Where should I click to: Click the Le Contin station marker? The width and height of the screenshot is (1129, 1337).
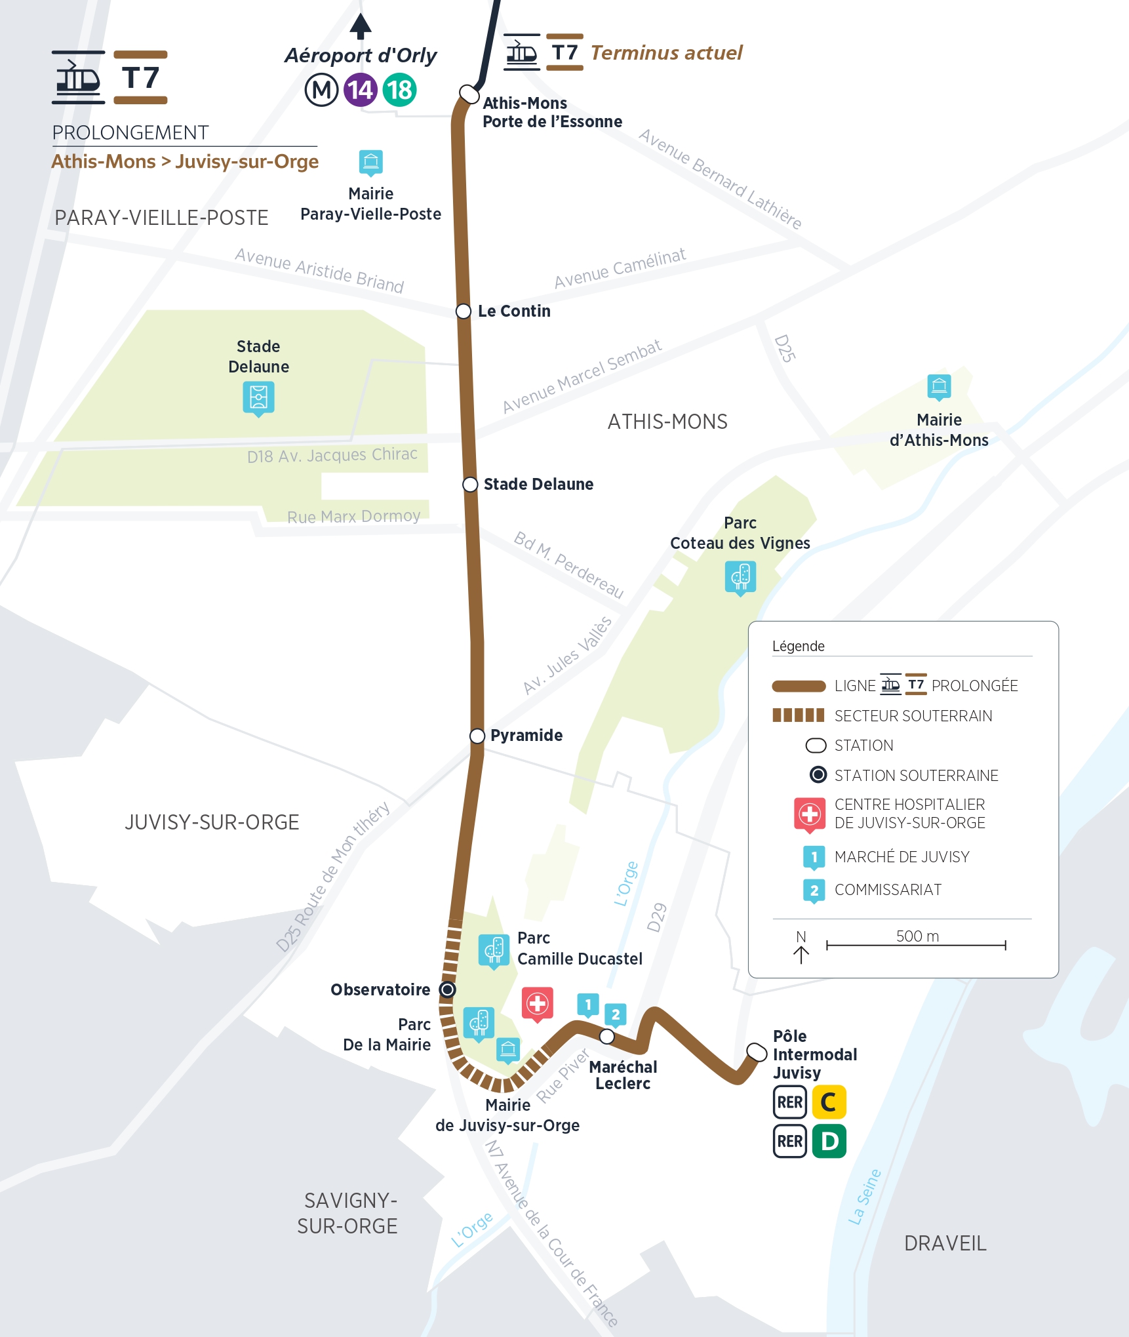464,311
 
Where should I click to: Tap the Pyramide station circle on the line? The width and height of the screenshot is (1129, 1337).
477,736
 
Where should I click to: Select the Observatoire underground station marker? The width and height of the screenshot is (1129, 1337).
447,989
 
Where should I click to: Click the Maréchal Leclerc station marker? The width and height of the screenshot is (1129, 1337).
607,1036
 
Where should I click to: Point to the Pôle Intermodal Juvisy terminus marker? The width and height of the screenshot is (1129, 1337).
757,1052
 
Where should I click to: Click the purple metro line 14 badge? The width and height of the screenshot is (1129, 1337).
360,90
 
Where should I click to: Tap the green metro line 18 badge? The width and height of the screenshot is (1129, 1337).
399,90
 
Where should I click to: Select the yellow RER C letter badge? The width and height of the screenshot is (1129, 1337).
829,1102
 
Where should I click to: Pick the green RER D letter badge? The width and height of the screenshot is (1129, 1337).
829,1142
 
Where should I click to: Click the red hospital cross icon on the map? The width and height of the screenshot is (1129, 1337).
538,1003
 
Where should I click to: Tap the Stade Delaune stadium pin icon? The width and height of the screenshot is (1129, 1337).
258,397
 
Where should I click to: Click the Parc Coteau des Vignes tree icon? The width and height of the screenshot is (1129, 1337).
740,576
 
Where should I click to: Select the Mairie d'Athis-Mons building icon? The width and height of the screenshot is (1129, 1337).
939,386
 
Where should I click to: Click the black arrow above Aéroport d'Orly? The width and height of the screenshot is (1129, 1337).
361,26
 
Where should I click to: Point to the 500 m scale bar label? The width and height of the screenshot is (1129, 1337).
917,936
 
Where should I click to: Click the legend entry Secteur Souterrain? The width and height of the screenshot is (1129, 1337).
913,716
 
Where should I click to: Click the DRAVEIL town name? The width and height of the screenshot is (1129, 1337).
945,1243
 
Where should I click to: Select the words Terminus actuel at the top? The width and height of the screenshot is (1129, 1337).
666,52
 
